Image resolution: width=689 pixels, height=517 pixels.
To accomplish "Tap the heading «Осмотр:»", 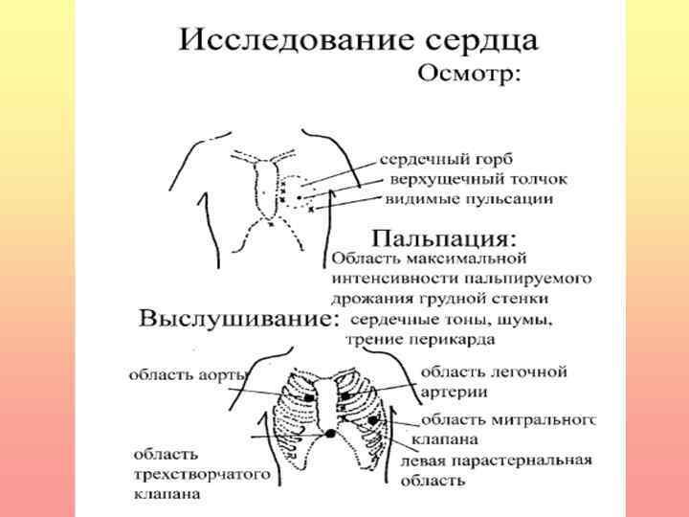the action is (x=468, y=76).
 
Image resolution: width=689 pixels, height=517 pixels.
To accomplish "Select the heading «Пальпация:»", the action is (x=445, y=236).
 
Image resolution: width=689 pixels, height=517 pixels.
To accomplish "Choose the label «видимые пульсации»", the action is (x=469, y=199).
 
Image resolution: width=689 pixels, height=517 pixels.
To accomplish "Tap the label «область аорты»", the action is (x=181, y=374).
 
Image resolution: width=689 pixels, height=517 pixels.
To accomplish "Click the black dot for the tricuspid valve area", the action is (x=330, y=434).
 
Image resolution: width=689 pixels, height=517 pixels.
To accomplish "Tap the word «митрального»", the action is (x=546, y=419).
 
